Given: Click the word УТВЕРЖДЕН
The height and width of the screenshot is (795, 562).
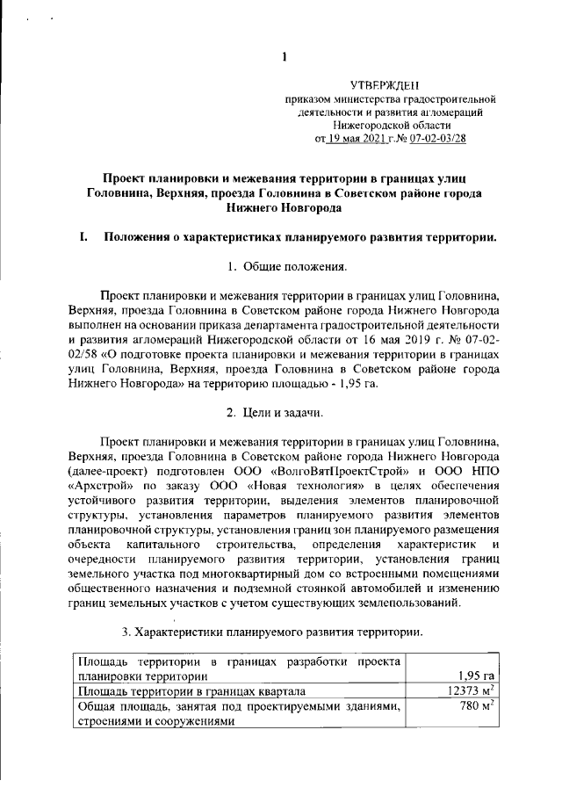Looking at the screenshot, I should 385,86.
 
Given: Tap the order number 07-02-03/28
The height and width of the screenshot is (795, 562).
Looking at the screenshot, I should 436,138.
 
